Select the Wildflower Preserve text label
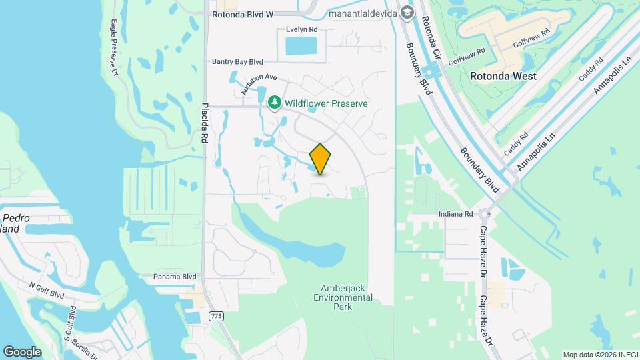pyautogui.click(x=326, y=103)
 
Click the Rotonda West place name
pyautogui.click(x=503, y=76)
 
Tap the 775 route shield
pyautogui.click(x=215, y=315)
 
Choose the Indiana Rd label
pyautogui.click(x=456, y=215)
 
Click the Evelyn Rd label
pyautogui.click(x=301, y=29)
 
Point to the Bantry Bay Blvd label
pyautogui.click(x=238, y=61)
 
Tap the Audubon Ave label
pyautogui.click(x=259, y=85)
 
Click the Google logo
pyautogui.click(x=23, y=351)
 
